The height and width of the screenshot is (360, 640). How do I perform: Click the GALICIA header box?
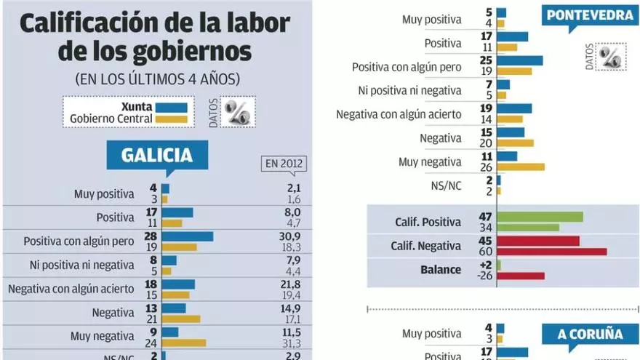157,155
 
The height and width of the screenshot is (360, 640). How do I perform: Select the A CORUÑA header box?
590,335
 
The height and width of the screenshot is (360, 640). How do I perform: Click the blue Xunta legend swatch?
172,107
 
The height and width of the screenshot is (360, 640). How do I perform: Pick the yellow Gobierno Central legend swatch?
172,119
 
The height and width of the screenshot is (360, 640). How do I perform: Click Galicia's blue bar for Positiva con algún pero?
188,236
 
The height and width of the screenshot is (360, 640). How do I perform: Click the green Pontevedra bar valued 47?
540,216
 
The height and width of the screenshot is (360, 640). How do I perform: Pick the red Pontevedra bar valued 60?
552,252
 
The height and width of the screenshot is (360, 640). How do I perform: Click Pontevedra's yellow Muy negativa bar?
521,167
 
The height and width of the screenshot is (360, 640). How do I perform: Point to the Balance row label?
440,269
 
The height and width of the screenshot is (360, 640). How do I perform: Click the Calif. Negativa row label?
428,246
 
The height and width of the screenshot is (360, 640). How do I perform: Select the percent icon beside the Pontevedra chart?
609,56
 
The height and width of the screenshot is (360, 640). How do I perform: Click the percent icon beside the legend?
237,111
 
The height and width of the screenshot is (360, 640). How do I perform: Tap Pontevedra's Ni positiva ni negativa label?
409,90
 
